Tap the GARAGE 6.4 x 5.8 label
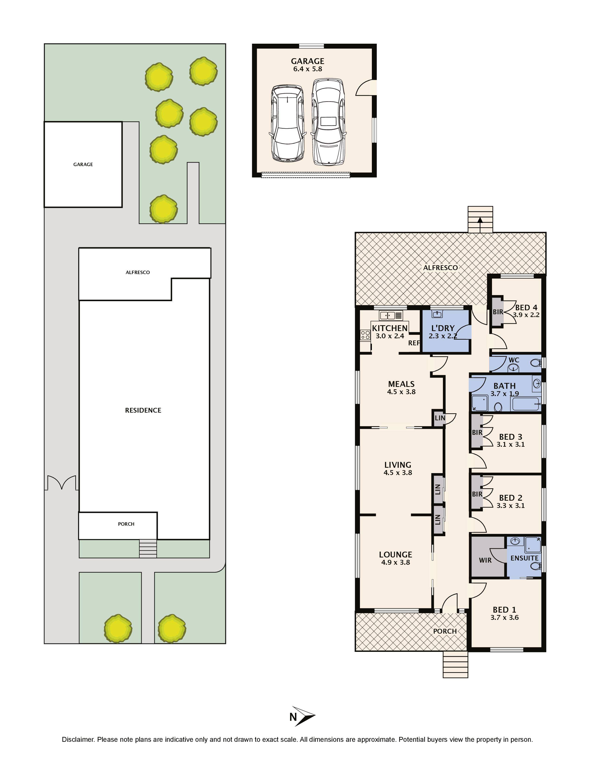[308, 65]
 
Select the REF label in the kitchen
[414, 343]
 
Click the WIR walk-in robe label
[485, 560]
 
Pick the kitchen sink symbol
[391, 315]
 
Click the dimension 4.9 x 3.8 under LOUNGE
[395, 562]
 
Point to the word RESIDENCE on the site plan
[143, 410]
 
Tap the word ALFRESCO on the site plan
[138, 272]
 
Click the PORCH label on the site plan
[126, 524]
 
